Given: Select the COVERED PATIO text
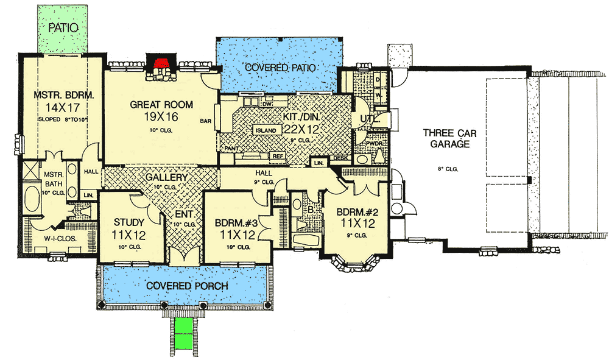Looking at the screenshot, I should pyautogui.click(x=280, y=68).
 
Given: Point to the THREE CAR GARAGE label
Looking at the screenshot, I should pyautogui.click(x=448, y=138).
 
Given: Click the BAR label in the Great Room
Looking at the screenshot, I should pyautogui.click(x=205, y=121).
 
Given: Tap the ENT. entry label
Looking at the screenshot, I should pyautogui.click(x=185, y=214).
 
